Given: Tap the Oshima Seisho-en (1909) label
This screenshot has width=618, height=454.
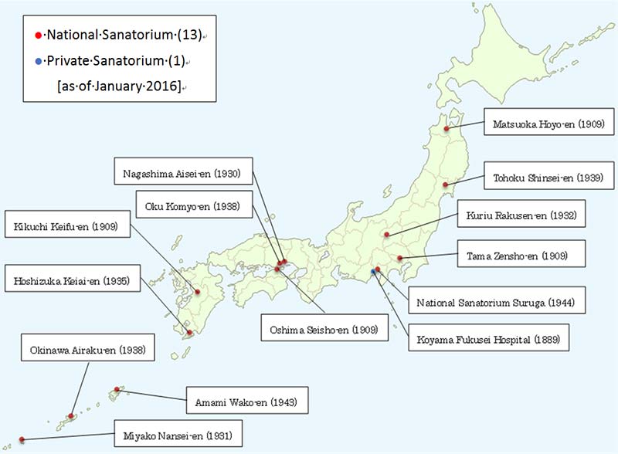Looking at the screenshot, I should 325,330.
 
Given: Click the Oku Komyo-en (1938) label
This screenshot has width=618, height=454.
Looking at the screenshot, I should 192,206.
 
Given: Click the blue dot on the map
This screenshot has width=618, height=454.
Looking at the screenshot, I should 372,272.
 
